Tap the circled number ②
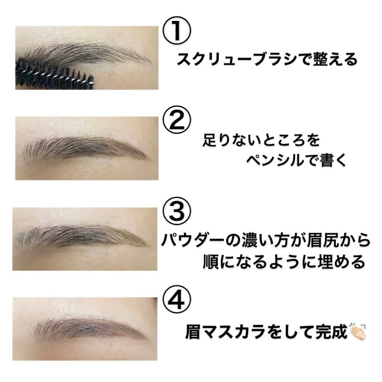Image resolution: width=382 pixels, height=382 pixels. click(x=177, y=120)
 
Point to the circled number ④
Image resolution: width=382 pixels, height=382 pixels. click(x=177, y=301)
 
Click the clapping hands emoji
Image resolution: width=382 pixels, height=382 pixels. click(x=358, y=332)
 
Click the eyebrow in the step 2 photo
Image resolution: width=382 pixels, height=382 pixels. click(x=86, y=148)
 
